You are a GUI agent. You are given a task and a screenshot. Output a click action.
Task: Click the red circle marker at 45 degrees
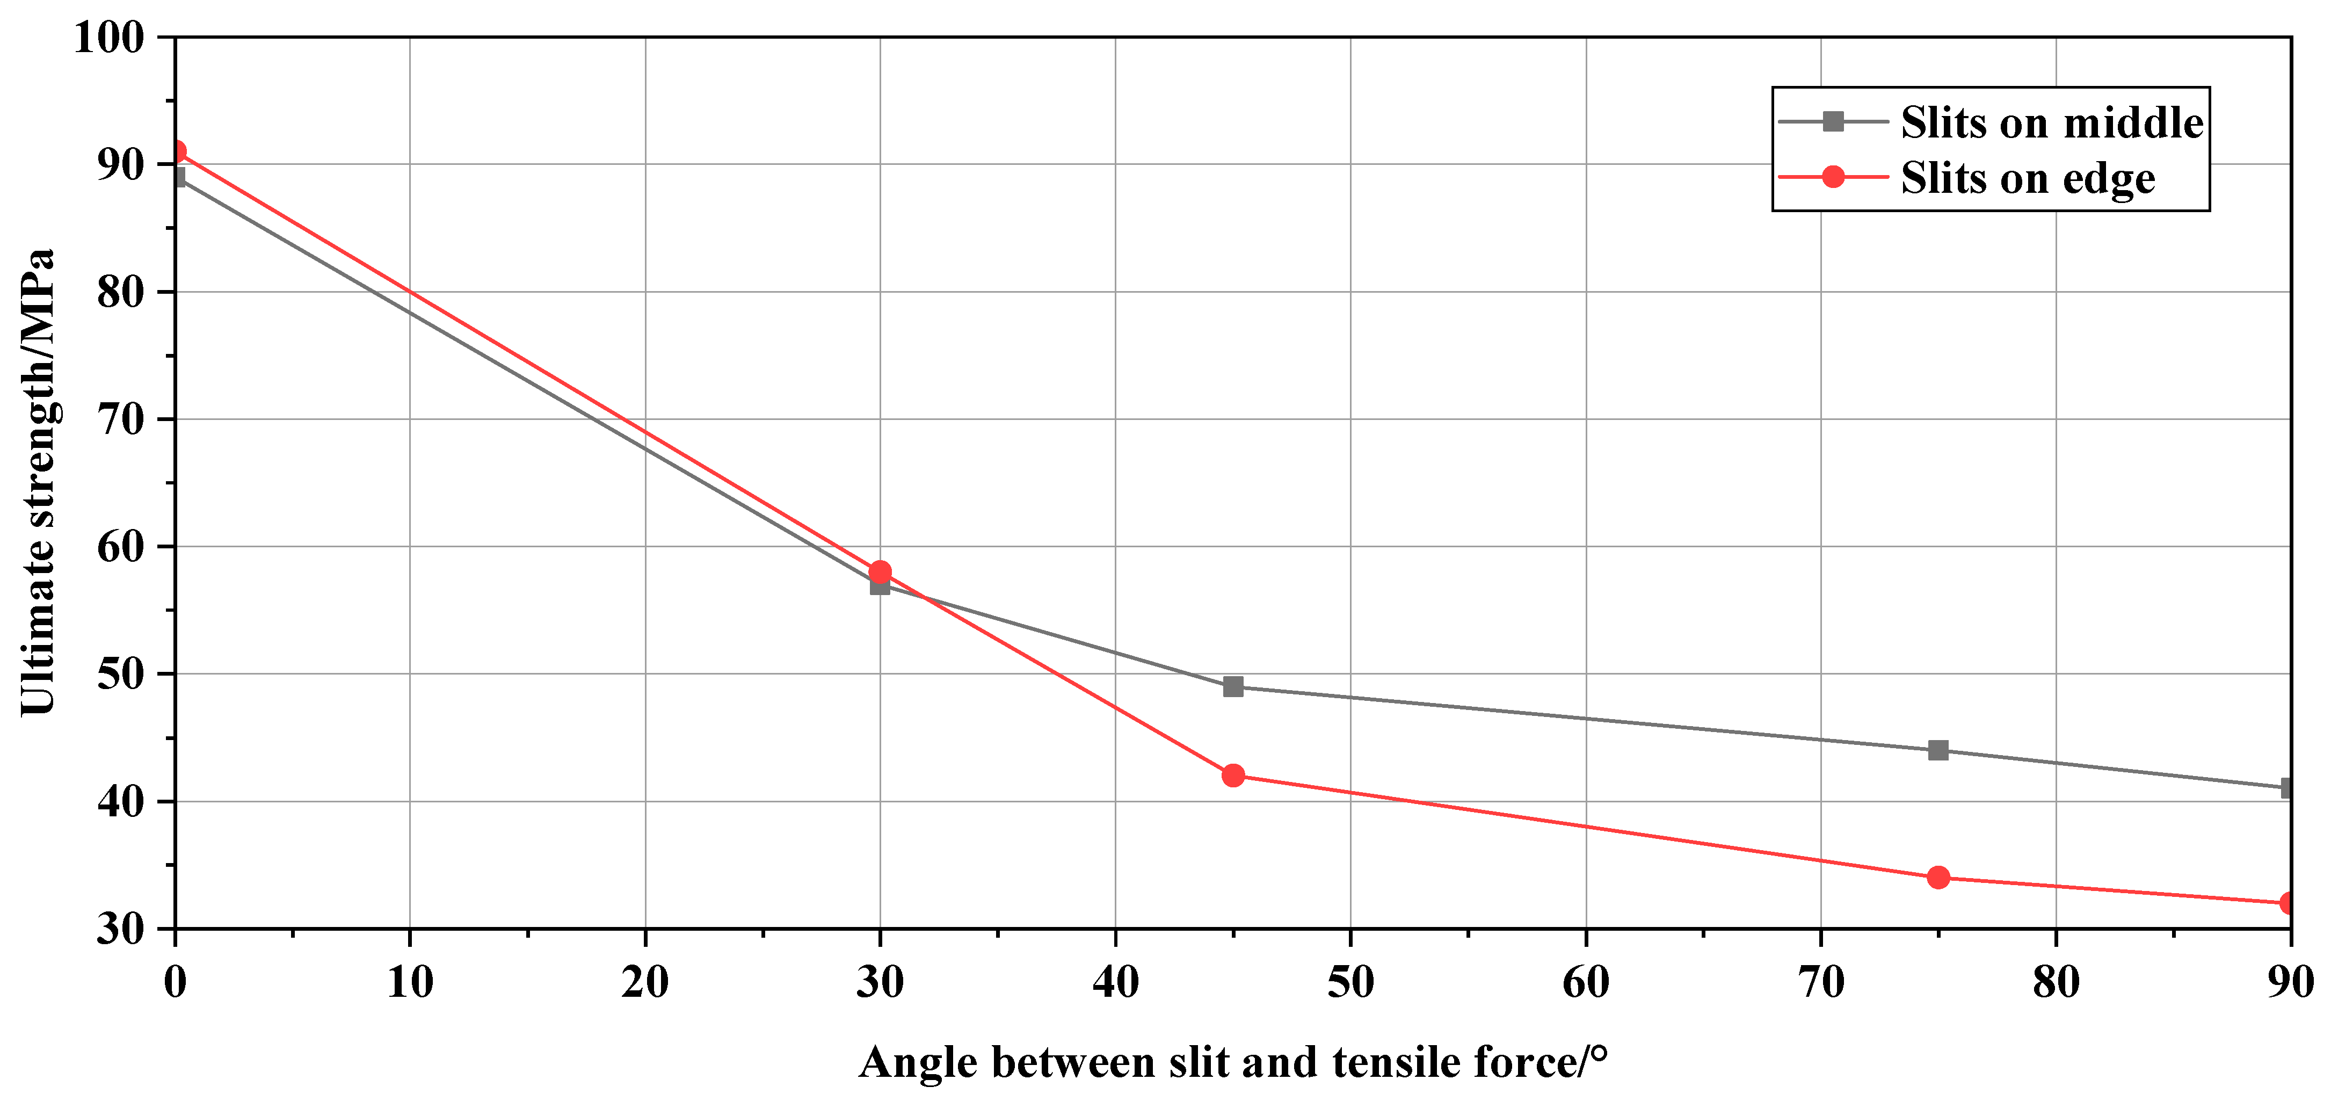click(1232, 776)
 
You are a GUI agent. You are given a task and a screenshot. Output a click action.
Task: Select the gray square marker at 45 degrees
click(1232, 687)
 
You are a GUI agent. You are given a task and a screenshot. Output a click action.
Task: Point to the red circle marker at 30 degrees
click(880, 572)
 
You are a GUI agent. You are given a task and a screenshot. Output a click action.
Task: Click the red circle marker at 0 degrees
click(177, 151)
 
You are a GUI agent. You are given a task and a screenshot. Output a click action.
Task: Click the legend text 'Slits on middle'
click(2051, 122)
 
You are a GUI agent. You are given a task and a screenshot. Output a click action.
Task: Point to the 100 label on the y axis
click(108, 38)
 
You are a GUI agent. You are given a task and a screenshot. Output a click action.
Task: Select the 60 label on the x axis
click(1585, 982)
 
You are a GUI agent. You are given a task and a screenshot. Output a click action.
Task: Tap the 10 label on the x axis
click(410, 982)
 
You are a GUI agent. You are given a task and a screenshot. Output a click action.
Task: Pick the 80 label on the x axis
click(2056, 982)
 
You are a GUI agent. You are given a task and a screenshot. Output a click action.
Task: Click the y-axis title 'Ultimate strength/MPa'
click(38, 481)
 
